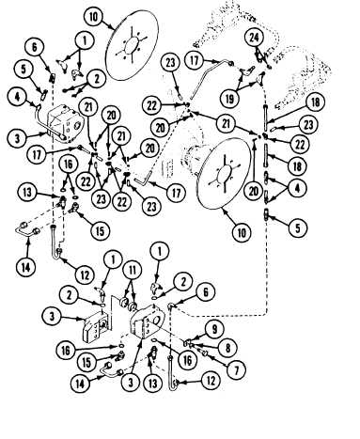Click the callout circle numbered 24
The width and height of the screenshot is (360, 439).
coord(254,38)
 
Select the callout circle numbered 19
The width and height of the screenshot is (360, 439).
coord(230,99)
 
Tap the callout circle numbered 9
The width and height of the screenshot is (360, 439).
coord(214,329)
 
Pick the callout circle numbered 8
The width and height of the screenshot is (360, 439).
coord(227,348)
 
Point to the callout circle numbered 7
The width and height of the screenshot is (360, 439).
coord(236,370)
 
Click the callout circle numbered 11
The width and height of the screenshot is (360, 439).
coord(133,270)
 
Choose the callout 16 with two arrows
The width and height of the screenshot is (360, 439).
coord(69,165)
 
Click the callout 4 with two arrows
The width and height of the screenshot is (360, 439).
coord(297,188)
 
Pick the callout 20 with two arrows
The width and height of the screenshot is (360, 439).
coord(112,116)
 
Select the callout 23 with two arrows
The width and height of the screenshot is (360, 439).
coord(102,198)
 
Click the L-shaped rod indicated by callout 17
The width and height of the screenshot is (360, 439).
coord(142,180)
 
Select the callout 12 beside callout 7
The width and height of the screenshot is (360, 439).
coord(211,381)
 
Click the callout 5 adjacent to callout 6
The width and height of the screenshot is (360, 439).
coord(23,70)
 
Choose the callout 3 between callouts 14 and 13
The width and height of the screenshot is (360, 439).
coord(131,383)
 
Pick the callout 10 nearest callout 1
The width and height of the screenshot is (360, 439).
coord(94,17)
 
